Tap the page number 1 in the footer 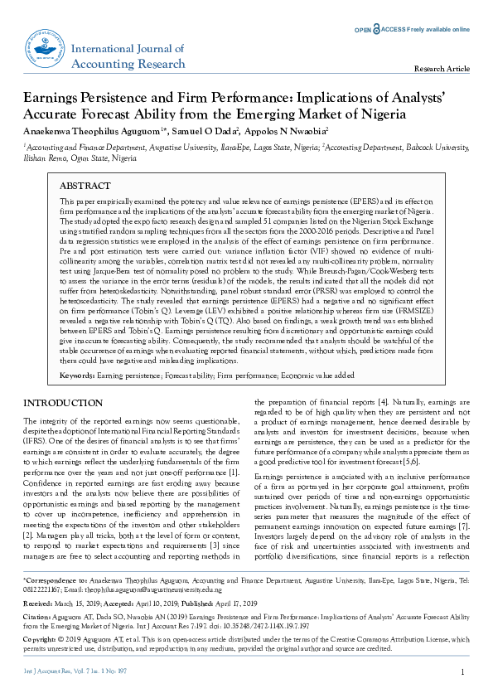click(462, 671)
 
